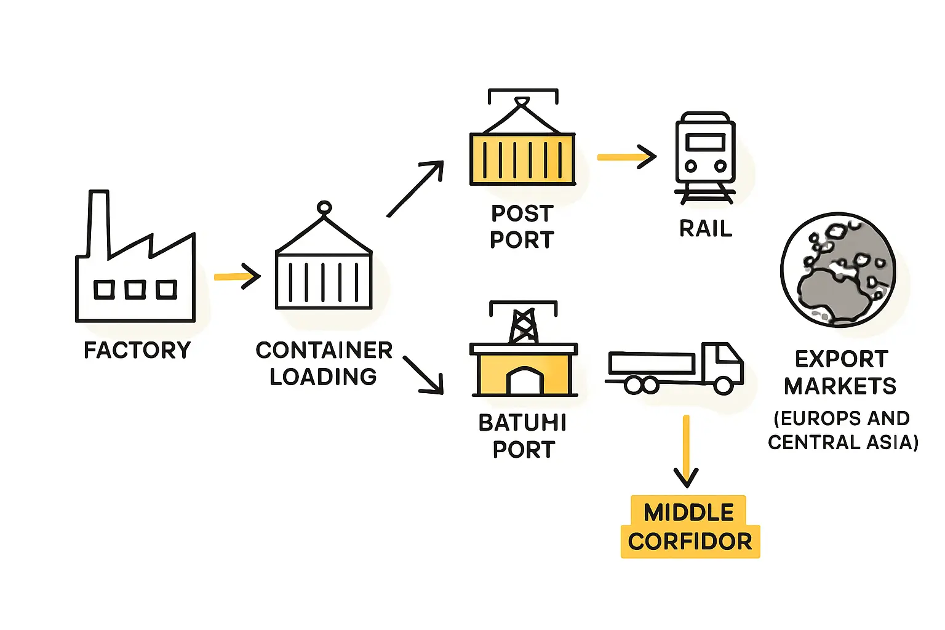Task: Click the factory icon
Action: (x=135, y=271)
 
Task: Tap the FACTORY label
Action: (x=137, y=350)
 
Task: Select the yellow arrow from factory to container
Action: (x=237, y=276)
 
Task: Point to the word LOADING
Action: (x=323, y=377)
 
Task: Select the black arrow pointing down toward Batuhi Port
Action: (x=424, y=374)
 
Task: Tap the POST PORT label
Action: (x=522, y=226)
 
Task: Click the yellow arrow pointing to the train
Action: (x=626, y=157)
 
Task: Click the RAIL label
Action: (x=706, y=229)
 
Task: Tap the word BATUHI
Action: (x=522, y=423)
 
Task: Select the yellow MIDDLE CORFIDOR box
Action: (x=690, y=527)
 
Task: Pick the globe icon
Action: (x=838, y=270)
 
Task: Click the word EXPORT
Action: (x=841, y=359)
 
